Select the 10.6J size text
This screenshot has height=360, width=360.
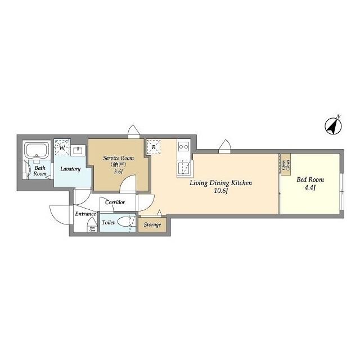[220, 191]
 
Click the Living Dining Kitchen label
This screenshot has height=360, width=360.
[220, 183]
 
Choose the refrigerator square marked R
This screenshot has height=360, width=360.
[154, 147]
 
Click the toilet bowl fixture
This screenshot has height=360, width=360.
[127, 222]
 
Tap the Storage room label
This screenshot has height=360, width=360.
[152, 225]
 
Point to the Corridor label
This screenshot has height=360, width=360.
[115, 202]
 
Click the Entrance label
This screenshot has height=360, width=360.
[85, 214]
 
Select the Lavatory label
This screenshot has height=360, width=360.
[71, 169]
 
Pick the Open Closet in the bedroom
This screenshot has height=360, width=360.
[286, 163]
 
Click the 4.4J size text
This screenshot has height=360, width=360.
[309, 188]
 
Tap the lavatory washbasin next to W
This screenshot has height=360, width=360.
[78, 150]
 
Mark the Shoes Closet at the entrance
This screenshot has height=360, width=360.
[91, 227]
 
